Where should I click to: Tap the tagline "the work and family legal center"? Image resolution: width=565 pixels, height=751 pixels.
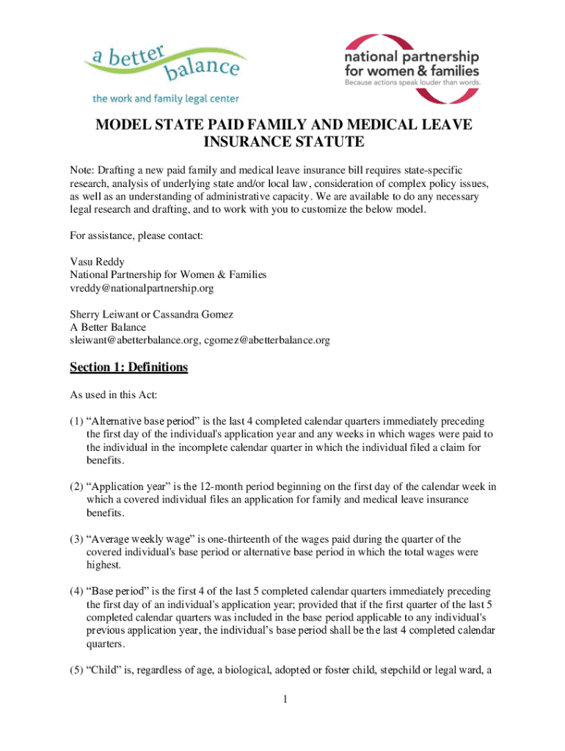point(165,98)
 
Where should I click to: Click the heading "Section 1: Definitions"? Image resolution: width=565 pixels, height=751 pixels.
point(129,367)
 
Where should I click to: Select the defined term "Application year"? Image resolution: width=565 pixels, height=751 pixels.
point(128,487)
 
